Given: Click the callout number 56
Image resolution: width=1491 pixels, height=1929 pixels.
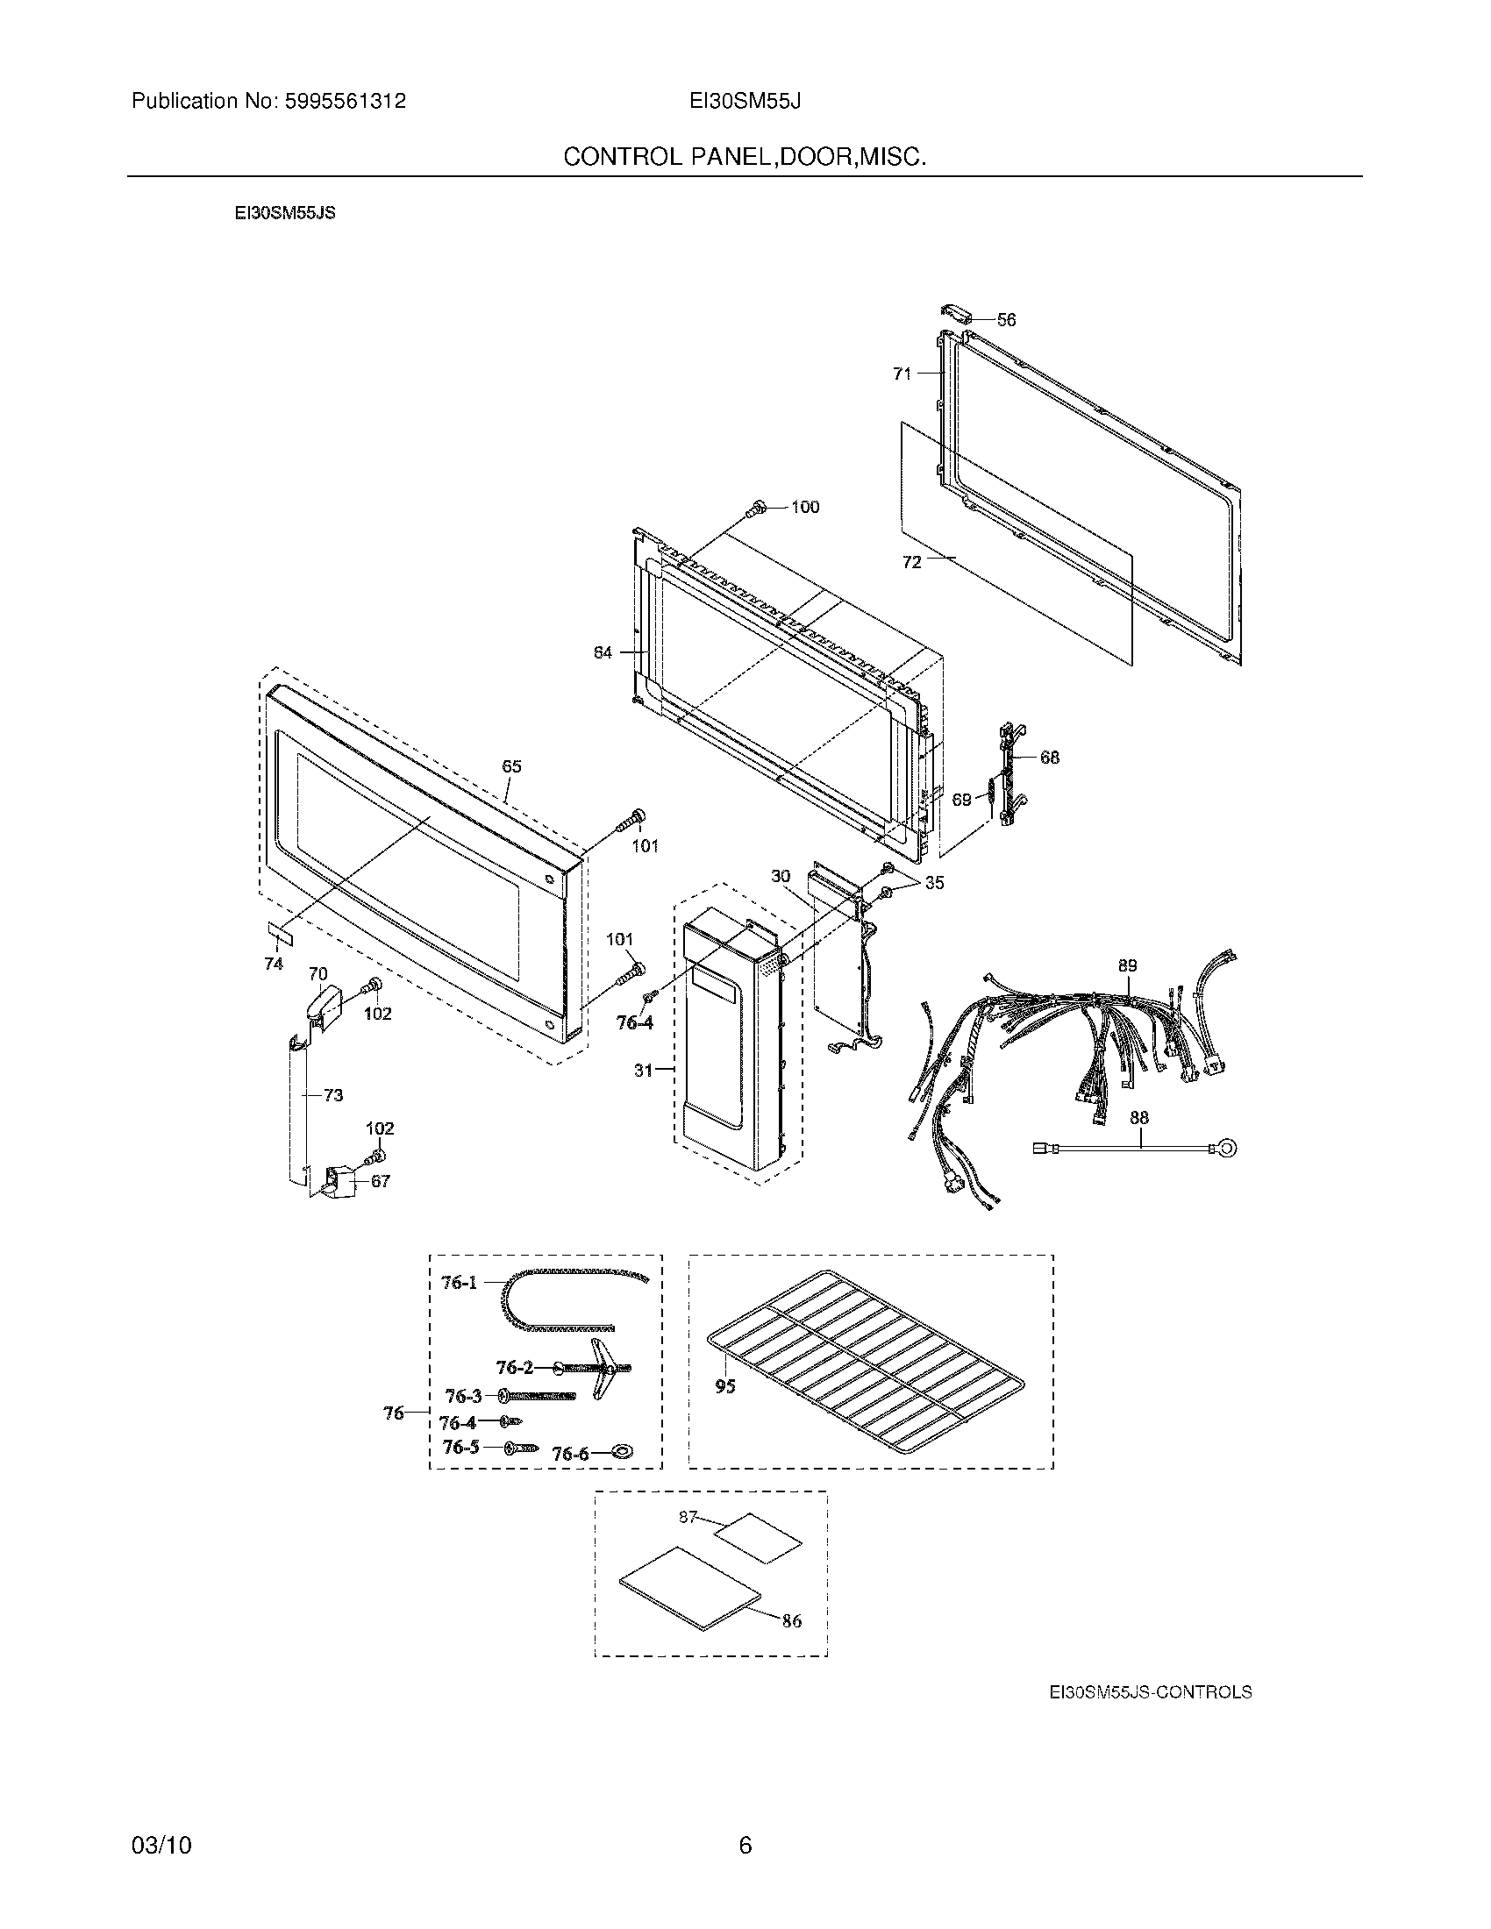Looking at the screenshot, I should (x=1006, y=320).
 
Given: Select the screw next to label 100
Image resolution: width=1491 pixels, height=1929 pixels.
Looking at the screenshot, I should (x=756, y=508).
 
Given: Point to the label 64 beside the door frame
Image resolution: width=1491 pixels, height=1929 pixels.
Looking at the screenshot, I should (x=603, y=652).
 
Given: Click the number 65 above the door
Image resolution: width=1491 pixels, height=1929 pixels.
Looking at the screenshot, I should (x=511, y=766).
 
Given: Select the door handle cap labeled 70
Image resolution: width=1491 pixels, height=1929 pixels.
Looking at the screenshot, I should (x=321, y=1004).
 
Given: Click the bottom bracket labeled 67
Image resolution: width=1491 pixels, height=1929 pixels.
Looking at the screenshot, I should (x=338, y=1178).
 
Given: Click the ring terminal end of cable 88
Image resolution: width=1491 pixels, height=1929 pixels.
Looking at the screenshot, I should (x=1227, y=1149).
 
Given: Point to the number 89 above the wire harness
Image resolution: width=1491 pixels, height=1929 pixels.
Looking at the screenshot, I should (x=1127, y=965).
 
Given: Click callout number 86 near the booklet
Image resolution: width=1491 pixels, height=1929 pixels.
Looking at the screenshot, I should (x=791, y=1620).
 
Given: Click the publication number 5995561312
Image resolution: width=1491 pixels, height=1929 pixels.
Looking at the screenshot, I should (x=345, y=102).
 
